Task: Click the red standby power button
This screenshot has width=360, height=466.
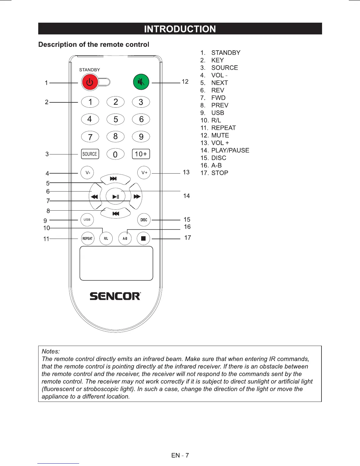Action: (x=90, y=82)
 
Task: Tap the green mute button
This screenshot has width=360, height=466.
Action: (x=141, y=82)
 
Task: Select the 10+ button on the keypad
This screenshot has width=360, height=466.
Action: (x=141, y=154)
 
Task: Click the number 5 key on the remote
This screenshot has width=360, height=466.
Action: (x=116, y=119)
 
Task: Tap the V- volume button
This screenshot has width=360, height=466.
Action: (x=87, y=173)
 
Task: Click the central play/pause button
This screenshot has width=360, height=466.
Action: (x=116, y=197)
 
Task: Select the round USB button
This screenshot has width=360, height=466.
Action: (x=87, y=219)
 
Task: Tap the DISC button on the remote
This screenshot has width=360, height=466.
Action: (x=144, y=220)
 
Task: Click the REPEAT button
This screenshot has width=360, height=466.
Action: (x=87, y=239)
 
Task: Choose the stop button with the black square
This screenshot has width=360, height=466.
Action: (x=144, y=239)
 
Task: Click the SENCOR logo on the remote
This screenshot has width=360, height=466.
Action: (x=115, y=296)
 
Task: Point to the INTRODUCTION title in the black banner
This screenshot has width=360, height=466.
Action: (x=180, y=29)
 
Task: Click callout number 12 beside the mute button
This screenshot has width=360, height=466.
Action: (x=185, y=81)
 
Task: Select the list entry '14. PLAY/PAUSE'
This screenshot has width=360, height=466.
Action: (x=225, y=150)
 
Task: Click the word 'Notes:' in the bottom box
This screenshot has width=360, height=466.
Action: (x=51, y=351)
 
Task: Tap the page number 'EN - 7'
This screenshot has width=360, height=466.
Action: (x=180, y=455)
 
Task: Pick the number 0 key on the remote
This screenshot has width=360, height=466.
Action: (x=115, y=154)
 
